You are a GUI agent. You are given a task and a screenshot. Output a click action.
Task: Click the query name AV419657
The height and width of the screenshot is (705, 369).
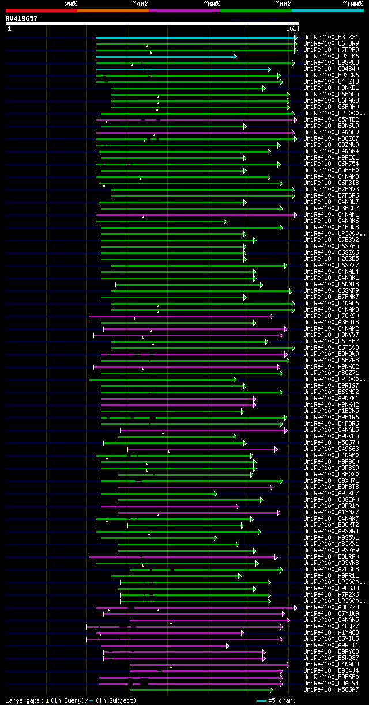[22, 18]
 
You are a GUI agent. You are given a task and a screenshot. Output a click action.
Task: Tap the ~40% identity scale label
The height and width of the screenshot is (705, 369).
[140, 4]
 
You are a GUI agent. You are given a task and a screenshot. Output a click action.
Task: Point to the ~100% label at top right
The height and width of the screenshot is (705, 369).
[352, 4]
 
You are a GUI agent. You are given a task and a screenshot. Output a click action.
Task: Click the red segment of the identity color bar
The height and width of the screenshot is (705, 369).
[41, 10]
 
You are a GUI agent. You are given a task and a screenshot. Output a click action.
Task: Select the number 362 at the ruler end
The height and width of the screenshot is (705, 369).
[291, 28]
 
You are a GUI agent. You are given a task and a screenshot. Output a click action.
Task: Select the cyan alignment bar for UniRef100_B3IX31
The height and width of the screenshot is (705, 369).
[196, 37]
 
